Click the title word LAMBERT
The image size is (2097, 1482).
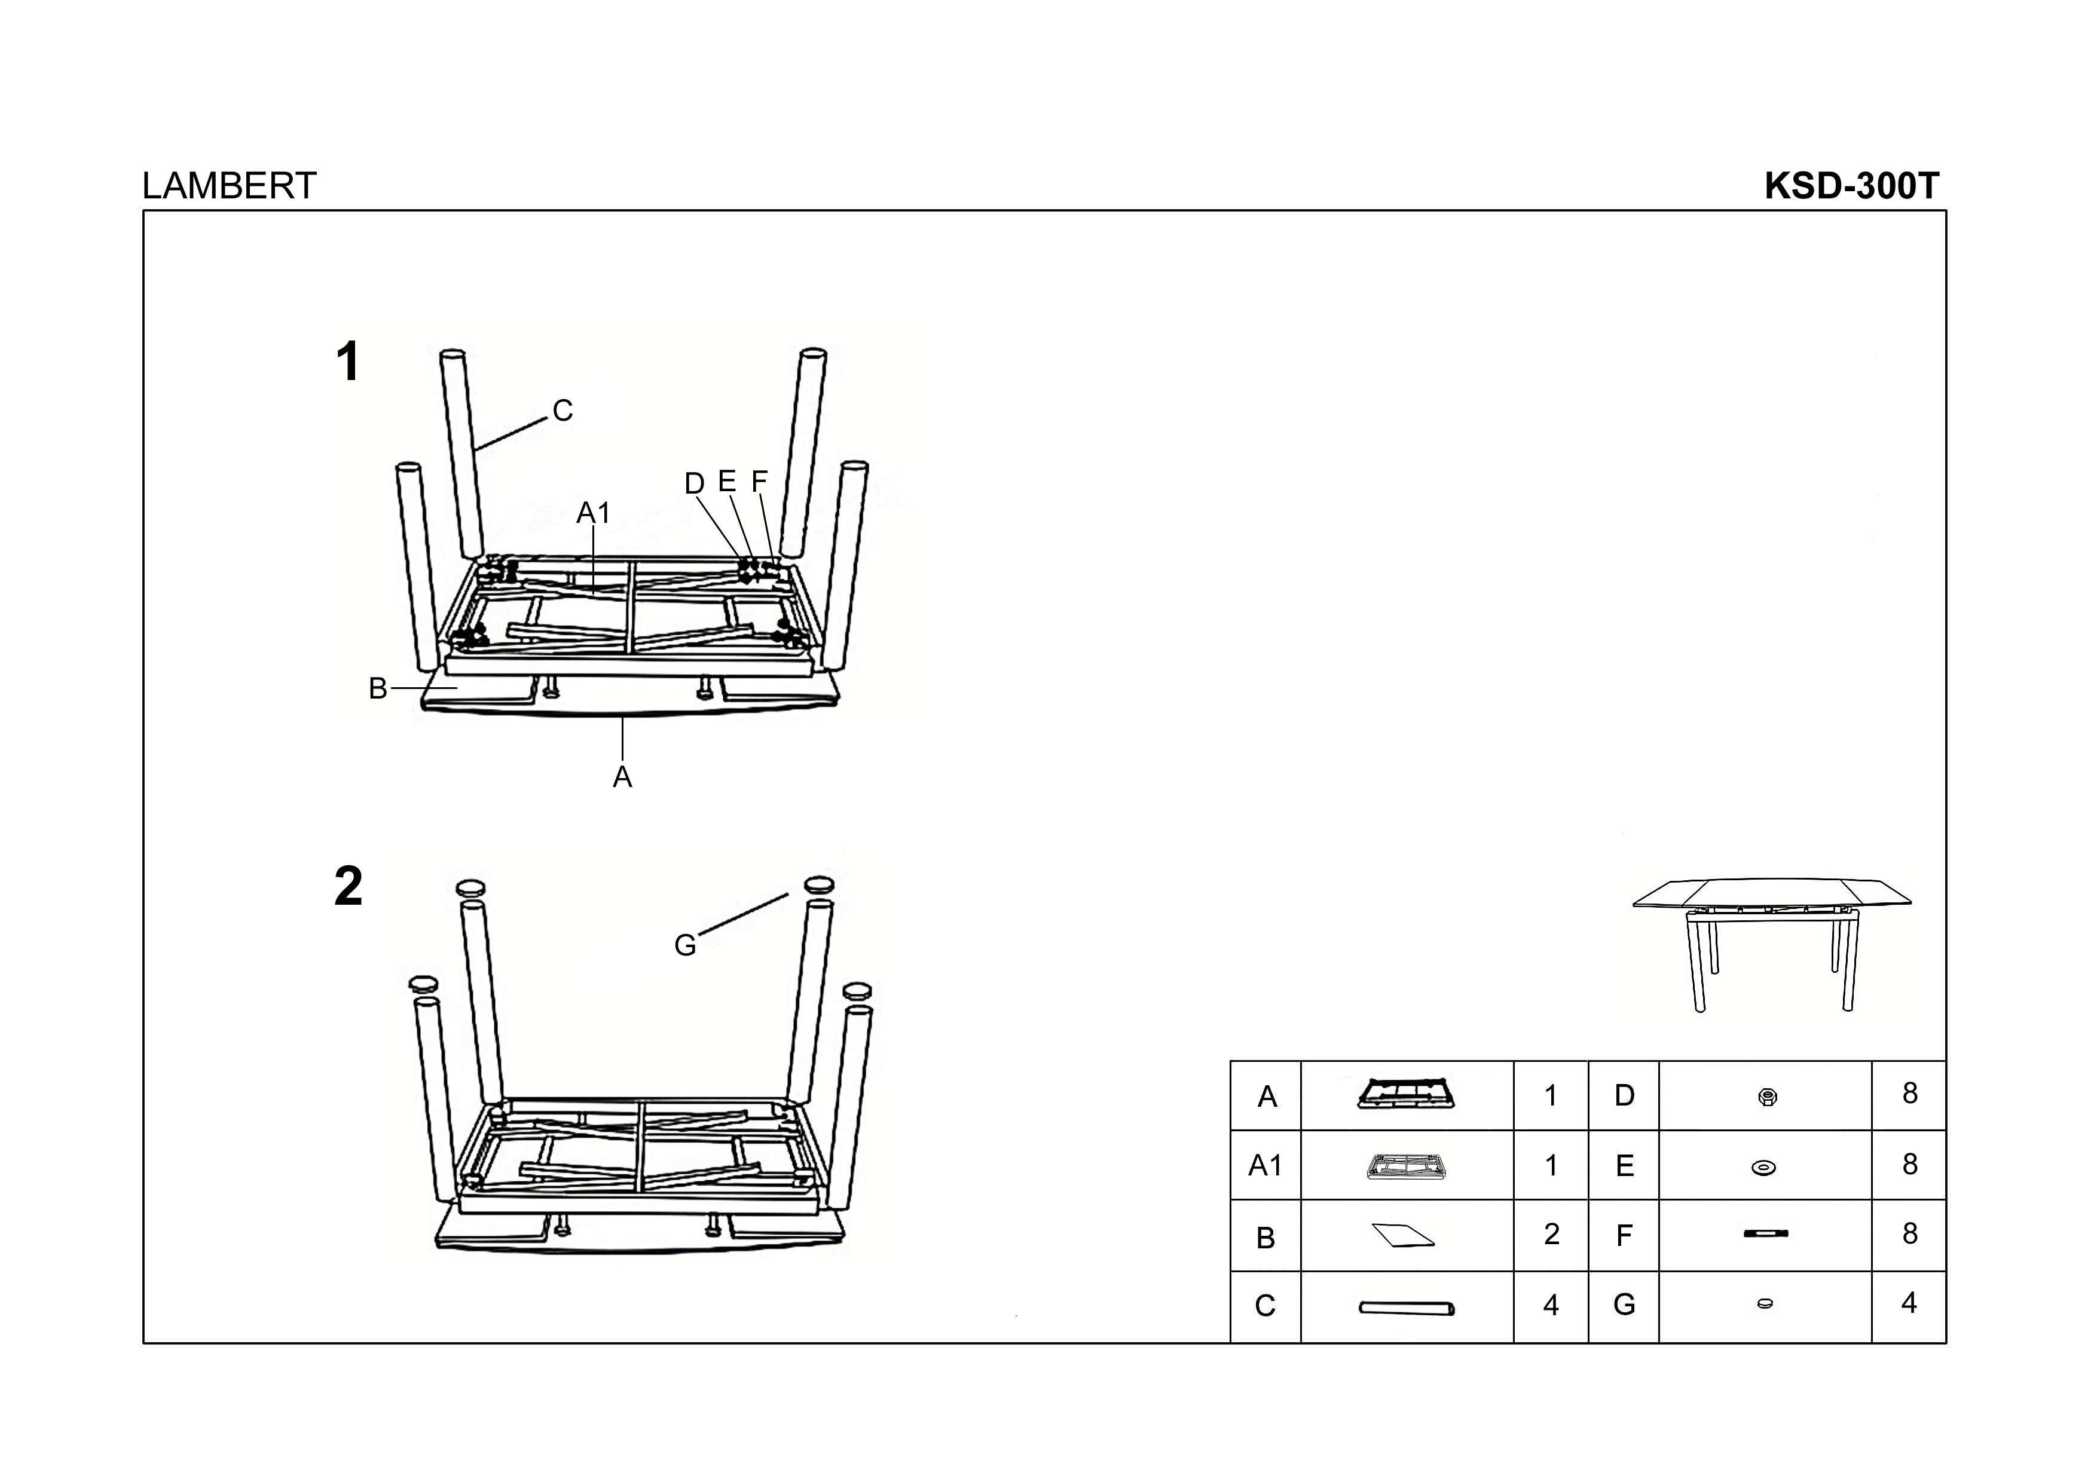coord(228,186)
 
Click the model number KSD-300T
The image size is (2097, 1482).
coord(1851,186)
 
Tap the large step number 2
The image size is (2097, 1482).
coord(348,887)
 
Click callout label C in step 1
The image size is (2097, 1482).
coord(563,411)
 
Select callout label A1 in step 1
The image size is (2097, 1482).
coord(593,513)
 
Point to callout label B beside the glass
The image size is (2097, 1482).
coord(377,688)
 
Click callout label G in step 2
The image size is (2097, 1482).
coord(685,946)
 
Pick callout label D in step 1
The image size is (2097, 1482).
coord(694,484)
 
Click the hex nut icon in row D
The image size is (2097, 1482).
coord(1766,1097)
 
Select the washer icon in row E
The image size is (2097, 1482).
coord(1763,1167)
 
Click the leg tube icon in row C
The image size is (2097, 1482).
coord(1407,1309)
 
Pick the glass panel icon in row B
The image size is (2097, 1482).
coord(1404,1235)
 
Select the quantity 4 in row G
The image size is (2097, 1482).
coord(1909,1303)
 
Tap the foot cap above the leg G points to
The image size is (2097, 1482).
coord(820,883)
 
